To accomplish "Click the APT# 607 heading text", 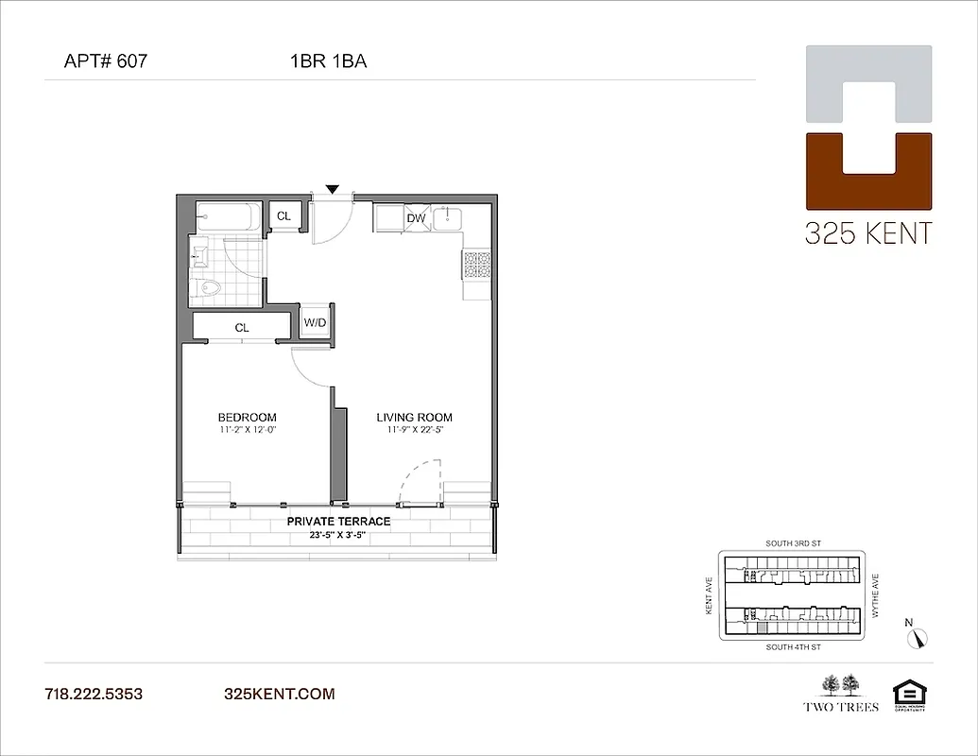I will click(105, 62).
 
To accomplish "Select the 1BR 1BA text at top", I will click(329, 62).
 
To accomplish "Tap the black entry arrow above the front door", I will click(332, 190).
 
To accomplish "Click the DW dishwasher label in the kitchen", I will click(416, 218).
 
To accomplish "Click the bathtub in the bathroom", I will click(230, 218).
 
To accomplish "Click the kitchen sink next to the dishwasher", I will click(447, 218).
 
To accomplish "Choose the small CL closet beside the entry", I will click(283, 216).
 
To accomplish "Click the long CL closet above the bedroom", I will click(242, 327).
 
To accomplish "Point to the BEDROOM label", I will click(247, 417).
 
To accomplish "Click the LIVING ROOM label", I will click(414, 417).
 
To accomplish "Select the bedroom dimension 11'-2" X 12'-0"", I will click(247, 430).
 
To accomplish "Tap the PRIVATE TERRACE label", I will click(338, 521).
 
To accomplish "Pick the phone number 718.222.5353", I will click(94, 695).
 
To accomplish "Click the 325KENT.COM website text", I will click(280, 695).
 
